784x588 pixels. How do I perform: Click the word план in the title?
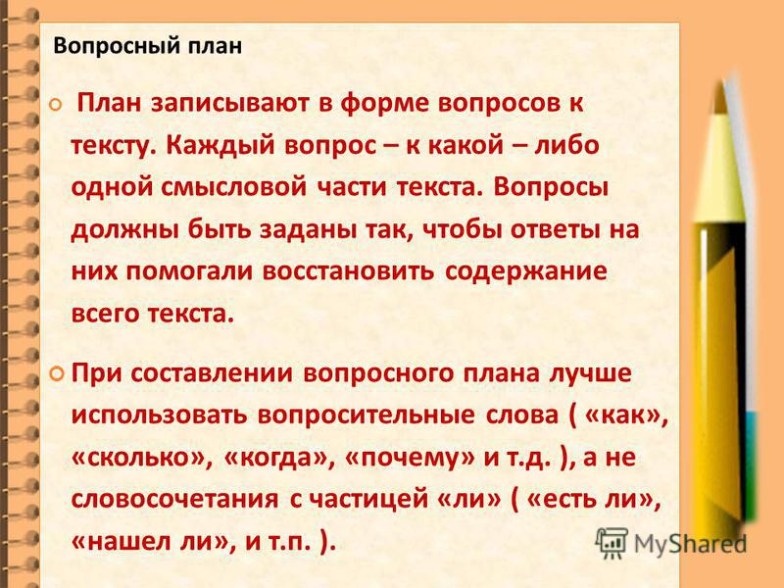215,46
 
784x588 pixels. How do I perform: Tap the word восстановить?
349,271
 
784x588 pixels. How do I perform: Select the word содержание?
526,272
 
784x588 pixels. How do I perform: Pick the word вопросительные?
366,416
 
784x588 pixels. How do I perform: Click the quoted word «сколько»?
138,458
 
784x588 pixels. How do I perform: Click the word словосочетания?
175,500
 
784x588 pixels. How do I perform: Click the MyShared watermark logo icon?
612,543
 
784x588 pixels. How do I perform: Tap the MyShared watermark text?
691,544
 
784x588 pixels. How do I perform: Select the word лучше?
591,374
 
